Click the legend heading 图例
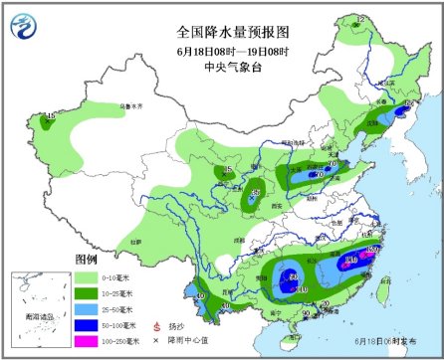point(88,260)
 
